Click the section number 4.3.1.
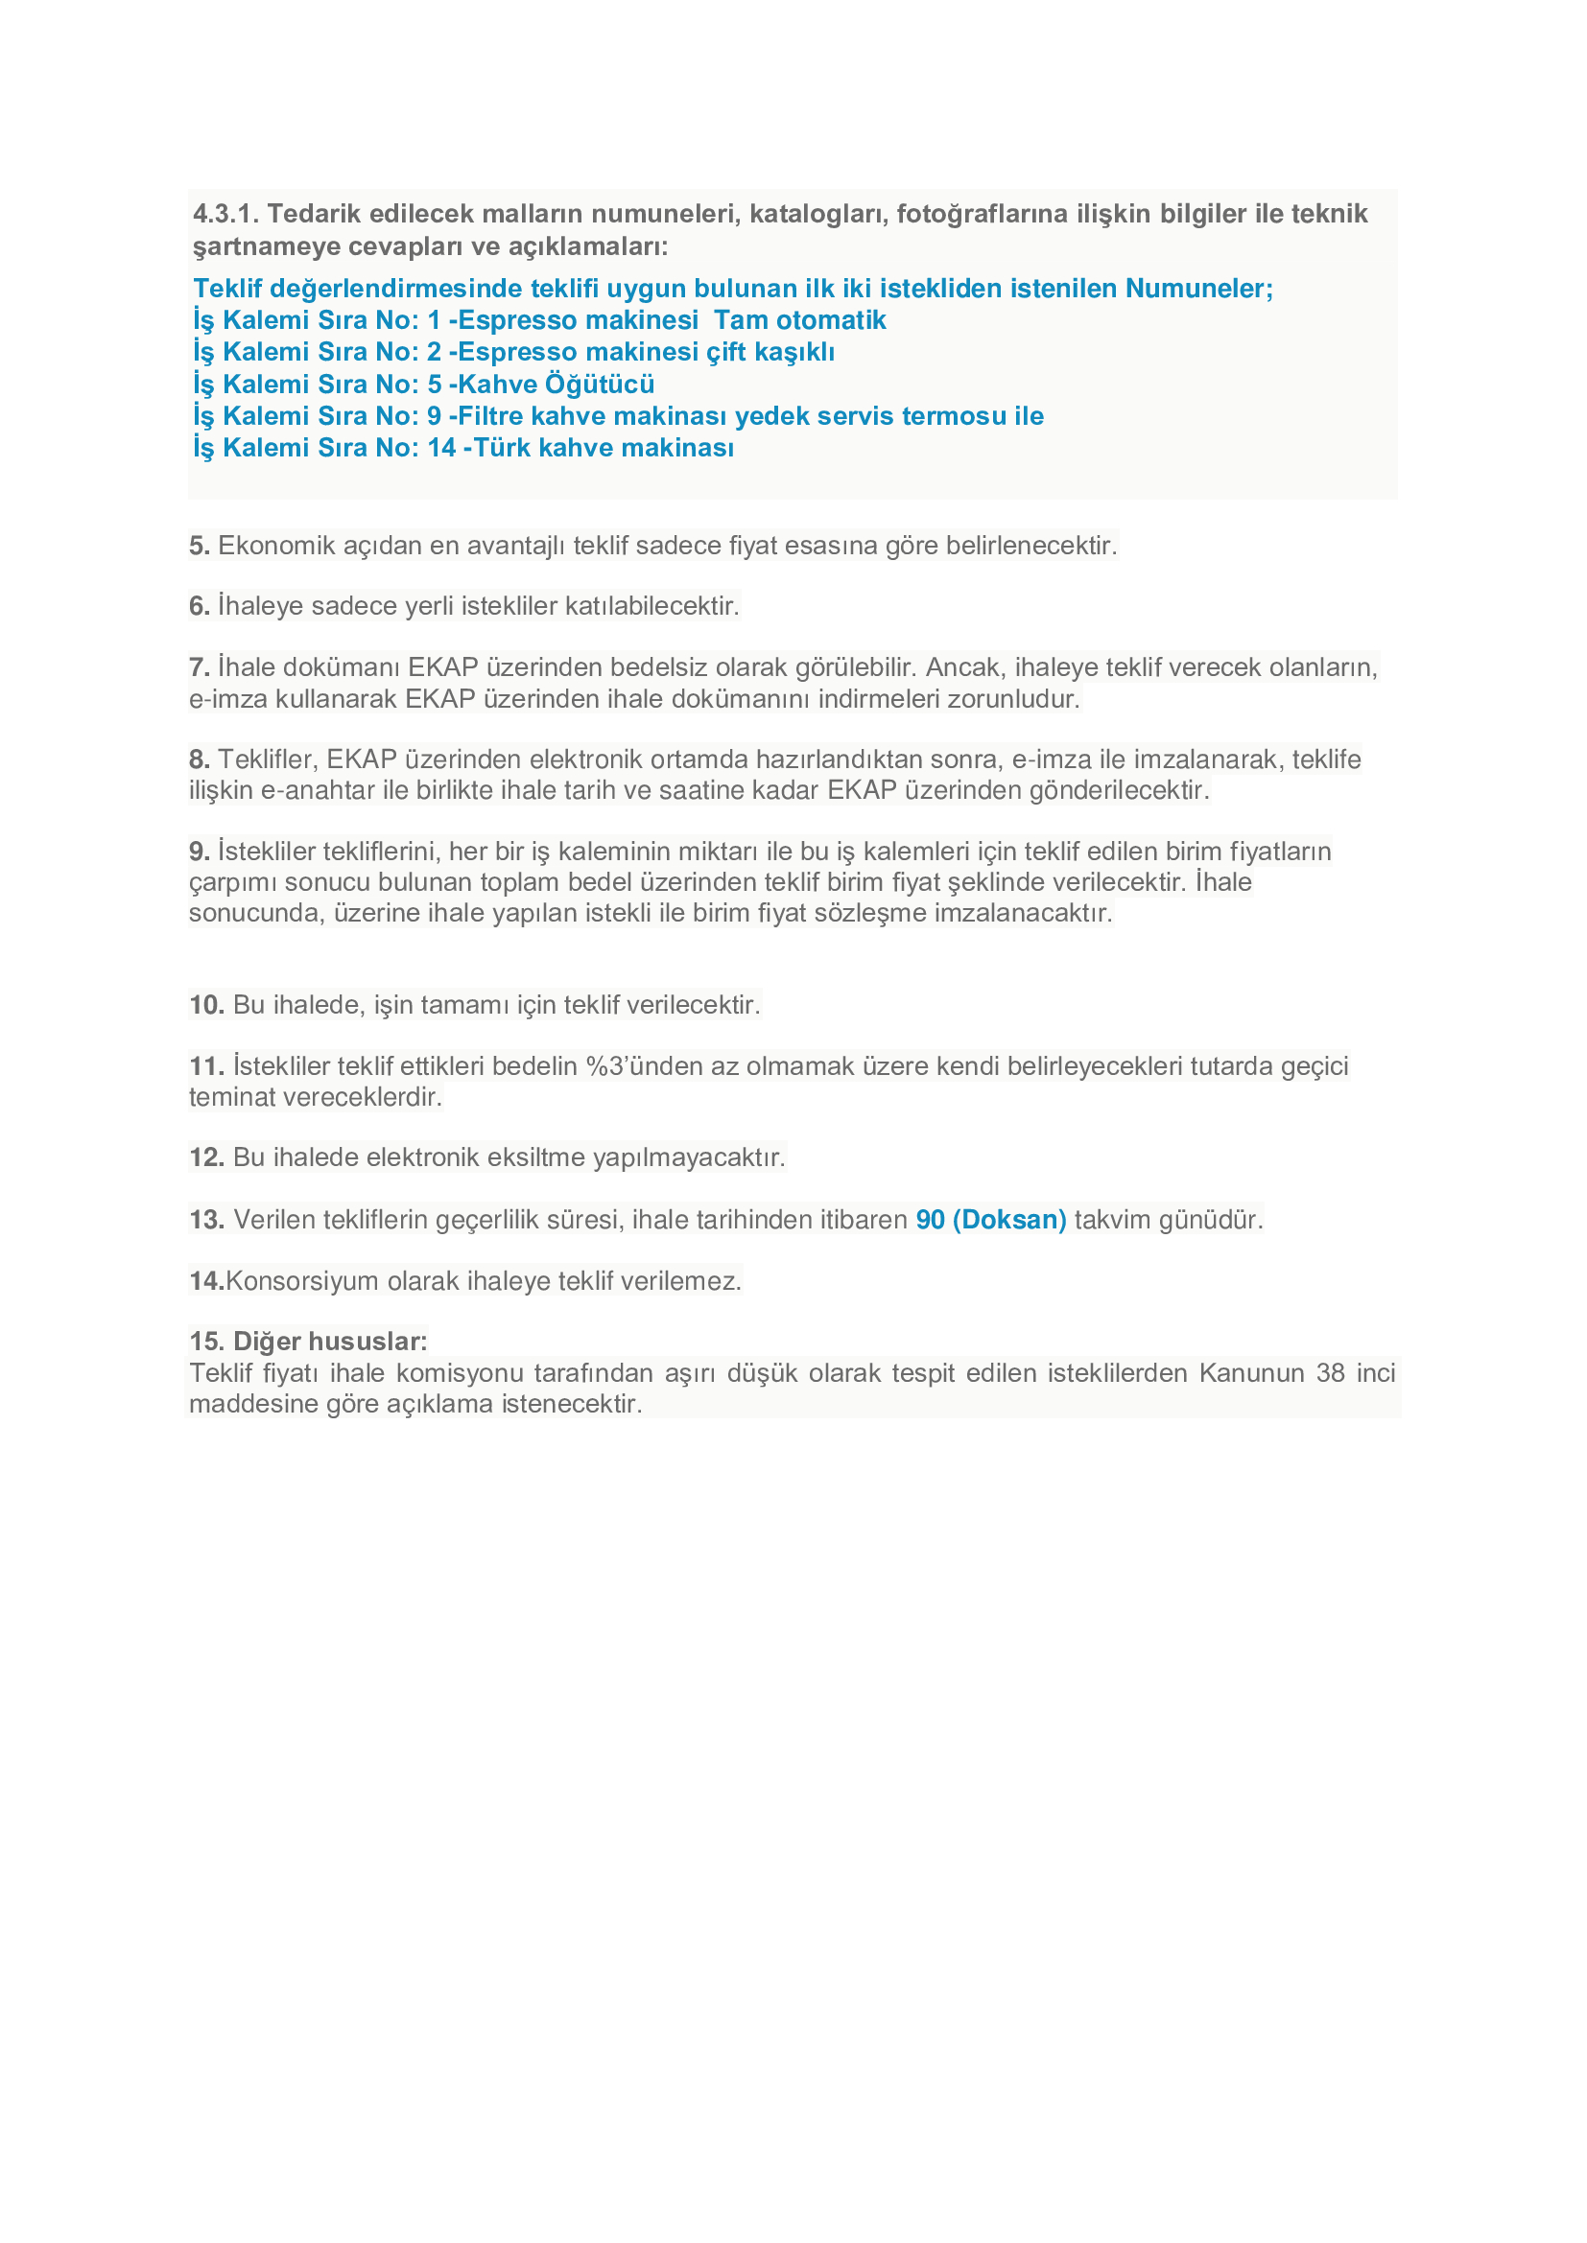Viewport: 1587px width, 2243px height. [x=225, y=214]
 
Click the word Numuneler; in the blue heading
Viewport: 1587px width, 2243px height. [x=1199, y=289]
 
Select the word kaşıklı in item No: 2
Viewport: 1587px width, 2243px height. [x=794, y=352]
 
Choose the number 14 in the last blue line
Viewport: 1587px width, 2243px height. [x=441, y=448]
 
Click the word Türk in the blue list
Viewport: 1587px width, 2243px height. [x=501, y=448]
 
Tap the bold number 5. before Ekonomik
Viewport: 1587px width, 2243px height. [x=200, y=545]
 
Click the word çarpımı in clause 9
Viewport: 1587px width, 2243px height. [x=232, y=882]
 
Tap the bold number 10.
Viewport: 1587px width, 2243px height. [x=206, y=1004]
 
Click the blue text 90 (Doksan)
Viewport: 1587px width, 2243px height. [x=990, y=1219]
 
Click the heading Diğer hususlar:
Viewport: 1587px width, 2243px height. [x=308, y=1342]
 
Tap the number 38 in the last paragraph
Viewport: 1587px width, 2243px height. [x=1330, y=1372]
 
